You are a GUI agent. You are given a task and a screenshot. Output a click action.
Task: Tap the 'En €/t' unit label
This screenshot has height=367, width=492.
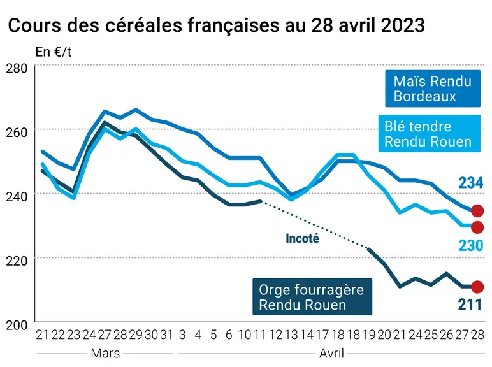pyautogui.click(x=54, y=52)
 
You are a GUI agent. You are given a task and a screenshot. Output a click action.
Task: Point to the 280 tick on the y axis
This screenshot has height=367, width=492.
pyautogui.click(x=17, y=68)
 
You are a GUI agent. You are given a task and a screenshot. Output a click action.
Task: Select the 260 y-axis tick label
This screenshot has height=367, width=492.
pyautogui.click(x=17, y=132)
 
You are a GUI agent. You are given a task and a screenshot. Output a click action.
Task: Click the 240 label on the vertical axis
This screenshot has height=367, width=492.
pyautogui.click(x=17, y=196)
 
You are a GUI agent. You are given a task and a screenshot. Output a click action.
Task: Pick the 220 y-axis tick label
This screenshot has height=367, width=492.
pyautogui.click(x=17, y=261)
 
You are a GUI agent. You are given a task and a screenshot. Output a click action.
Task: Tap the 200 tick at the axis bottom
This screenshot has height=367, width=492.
pyautogui.click(x=17, y=325)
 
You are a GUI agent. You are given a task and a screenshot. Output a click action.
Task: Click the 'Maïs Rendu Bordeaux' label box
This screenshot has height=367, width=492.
pyautogui.click(x=433, y=89)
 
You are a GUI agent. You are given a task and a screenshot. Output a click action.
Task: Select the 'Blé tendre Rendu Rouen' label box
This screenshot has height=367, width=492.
pyautogui.click(x=430, y=134)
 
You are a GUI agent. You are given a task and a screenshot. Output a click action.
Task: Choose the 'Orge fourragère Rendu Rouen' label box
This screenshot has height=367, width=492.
pyautogui.click(x=312, y=297)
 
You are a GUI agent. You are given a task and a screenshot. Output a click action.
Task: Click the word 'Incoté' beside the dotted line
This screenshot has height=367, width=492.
pyautogui.click(x=302, y=239)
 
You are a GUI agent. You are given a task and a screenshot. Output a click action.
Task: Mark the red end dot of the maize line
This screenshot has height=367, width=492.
pyautogui.click(x=477, y=211)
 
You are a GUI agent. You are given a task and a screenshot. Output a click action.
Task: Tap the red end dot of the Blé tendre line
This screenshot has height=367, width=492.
pyautogui.click(x=477, y=227)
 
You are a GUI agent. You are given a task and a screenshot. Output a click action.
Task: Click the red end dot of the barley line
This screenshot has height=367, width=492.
pyautogui.click(x=477, y=287)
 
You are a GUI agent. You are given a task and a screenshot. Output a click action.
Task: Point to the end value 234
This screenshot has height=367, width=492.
pyautogui.click(x=471, y=183)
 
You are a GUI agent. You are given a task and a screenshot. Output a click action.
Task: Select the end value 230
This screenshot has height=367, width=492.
pyautogui.click(x=471, y=245)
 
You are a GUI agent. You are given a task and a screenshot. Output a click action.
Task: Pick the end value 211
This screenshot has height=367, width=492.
pyautogui.click(x=470, y=305)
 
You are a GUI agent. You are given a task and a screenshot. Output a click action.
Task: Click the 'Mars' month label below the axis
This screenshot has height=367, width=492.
pyautogui.click(x=105, y=353)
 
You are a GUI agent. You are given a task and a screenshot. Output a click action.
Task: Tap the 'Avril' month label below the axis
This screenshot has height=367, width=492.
pyautogui.click(x=331, y=353)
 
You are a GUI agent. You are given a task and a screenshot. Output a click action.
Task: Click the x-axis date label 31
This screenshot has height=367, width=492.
pyautogui.click(x=166, y=335)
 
